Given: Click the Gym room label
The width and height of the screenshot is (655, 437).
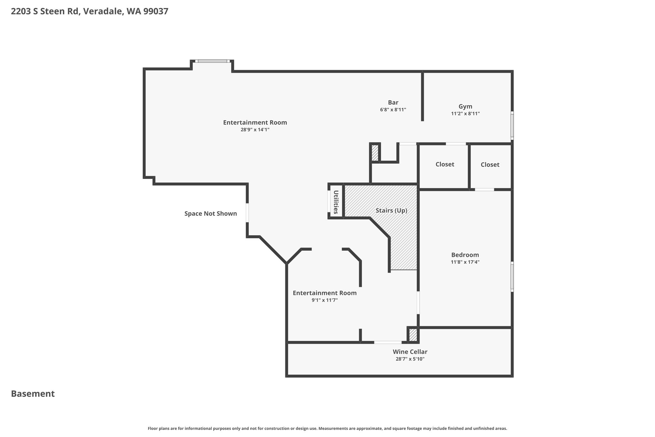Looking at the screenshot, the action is (465, 107).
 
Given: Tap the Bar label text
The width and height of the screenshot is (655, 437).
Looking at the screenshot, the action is (393, 102).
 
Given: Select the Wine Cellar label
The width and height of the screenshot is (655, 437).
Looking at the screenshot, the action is (410, 352).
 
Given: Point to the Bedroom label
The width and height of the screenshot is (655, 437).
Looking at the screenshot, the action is (465, 255).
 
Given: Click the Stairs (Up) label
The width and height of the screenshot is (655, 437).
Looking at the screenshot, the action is (391, 210).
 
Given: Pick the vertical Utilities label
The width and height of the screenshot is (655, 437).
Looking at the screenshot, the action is (336, 202).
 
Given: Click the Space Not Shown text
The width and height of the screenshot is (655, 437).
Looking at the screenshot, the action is (211, 214).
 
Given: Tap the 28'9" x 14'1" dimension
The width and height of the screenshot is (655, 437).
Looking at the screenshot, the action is (255, 130).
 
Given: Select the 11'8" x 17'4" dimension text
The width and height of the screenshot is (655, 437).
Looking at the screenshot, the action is (465, 262).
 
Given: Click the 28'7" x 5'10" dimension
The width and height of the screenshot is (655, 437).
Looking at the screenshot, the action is (410, 359).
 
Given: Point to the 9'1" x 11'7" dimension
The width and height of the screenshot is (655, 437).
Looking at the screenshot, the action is (325, 300).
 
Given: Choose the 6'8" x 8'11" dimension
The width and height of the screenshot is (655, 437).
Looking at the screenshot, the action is (393, 109).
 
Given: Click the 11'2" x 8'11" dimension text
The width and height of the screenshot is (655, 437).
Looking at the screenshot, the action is (465, 114).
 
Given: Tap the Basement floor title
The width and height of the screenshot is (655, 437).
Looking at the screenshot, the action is (33, 394).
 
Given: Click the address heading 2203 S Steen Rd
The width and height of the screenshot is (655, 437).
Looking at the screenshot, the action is (45, 12).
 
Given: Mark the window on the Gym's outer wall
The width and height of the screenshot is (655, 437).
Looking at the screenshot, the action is (512, 125).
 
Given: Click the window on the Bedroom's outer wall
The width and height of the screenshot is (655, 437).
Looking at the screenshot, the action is (512, 277).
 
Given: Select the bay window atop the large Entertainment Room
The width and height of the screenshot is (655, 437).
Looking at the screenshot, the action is (212, 61).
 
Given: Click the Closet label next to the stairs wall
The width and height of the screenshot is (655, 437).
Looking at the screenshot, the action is (445, 164).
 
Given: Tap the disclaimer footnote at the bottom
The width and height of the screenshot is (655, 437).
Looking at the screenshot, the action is (327, 428).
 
